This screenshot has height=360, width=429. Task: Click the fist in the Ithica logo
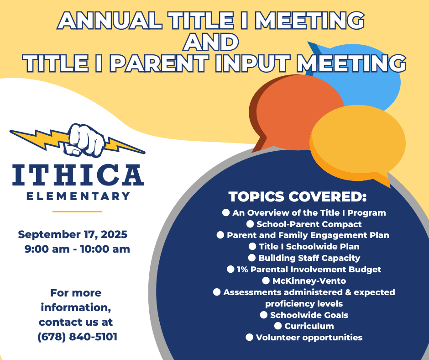coord(84,140)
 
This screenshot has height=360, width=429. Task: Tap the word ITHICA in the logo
coord(78,175)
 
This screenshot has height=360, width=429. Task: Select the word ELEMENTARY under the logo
coord(78,196)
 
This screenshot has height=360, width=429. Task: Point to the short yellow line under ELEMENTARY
coord(77,212)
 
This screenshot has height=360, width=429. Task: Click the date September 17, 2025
coord(73,235)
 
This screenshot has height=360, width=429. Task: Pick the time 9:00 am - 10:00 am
coord(77,249)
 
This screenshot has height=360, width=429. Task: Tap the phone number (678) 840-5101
coord(78,337)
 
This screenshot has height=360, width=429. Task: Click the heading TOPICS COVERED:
coord(298,197)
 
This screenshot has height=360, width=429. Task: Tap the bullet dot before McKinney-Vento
coord(266,281)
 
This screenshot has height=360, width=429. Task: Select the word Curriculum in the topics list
coord(309,326)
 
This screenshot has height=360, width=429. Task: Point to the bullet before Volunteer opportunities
coord(249,337)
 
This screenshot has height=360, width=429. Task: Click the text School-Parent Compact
coord(309,224)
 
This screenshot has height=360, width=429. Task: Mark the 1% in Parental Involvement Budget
coord(242,270)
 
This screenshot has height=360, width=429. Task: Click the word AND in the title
coord(211,42)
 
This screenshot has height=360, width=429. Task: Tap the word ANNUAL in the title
coord(110,20)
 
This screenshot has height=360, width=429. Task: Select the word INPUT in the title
coord(252,64)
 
